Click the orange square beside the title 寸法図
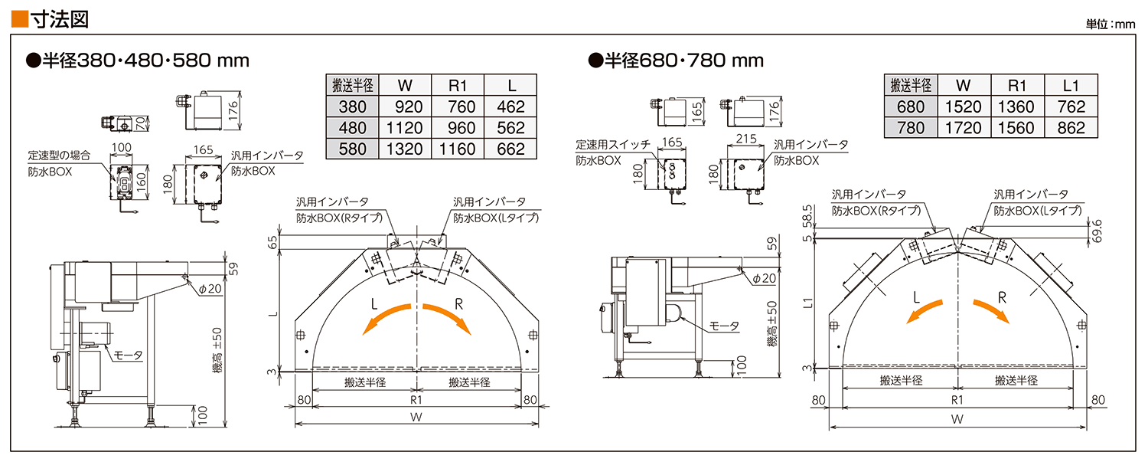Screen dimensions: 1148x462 tap(20, 19)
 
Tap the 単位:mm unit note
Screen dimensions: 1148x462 tap(1110, 24)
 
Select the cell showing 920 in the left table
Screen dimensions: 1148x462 tap(406, 106)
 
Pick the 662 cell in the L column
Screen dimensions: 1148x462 tap(510, 149)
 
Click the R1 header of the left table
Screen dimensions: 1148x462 tap(458, 85)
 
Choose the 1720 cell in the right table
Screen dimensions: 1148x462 tap(964, 128)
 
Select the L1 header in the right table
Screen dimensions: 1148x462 tap(1071, 85)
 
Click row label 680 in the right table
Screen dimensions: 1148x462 tap(911, 106)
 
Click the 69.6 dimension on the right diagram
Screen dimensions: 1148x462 tap(1096, 231)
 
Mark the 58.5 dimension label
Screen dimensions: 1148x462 tap(807, 216)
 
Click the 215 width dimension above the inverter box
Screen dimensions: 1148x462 tap(746, 139)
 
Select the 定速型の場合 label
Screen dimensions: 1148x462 tap(59, 155)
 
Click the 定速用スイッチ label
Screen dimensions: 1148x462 tap(613, 144)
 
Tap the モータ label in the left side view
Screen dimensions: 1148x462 tap(128, 356)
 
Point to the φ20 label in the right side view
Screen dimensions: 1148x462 tap(764, 278)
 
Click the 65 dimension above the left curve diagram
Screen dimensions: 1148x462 tap(273, 242)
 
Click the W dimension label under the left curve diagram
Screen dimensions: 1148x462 tap(416, 417)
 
